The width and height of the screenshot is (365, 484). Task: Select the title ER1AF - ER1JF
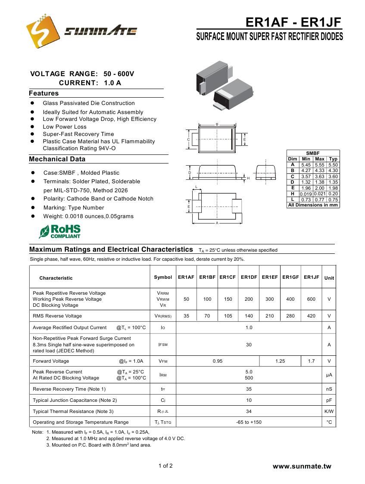(x=293, y=22)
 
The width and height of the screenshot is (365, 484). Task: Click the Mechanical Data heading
(x=57, y=159)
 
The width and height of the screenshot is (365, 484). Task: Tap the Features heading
(x=44, y=93)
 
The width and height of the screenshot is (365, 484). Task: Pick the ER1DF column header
(x=249, y=277)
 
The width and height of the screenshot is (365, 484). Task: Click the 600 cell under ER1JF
(x=311, y=299)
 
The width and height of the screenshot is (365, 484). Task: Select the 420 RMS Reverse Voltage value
(x=311, y=316)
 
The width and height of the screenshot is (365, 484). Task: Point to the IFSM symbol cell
(x=163, y=345)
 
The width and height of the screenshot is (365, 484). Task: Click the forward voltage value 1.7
(x=311, y=361)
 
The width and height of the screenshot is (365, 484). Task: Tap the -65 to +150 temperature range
(x=249, y=422)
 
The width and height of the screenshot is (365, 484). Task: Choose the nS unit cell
(x=329, y=389)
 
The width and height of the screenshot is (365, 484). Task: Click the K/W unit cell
(x=329, y=411)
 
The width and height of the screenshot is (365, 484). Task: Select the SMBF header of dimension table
(x=313, y=153)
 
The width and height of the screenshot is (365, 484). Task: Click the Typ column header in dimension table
(x=333, y=159)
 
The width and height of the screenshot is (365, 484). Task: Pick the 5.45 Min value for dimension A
(x=306, y=165)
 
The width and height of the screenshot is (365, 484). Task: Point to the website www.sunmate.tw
(x=302, y=466)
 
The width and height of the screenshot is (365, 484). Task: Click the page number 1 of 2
(x=165, y=466)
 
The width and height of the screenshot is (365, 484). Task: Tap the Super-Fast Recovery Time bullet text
(x=78, y=134)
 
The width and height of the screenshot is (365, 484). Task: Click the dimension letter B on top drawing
(x=217, y=124)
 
